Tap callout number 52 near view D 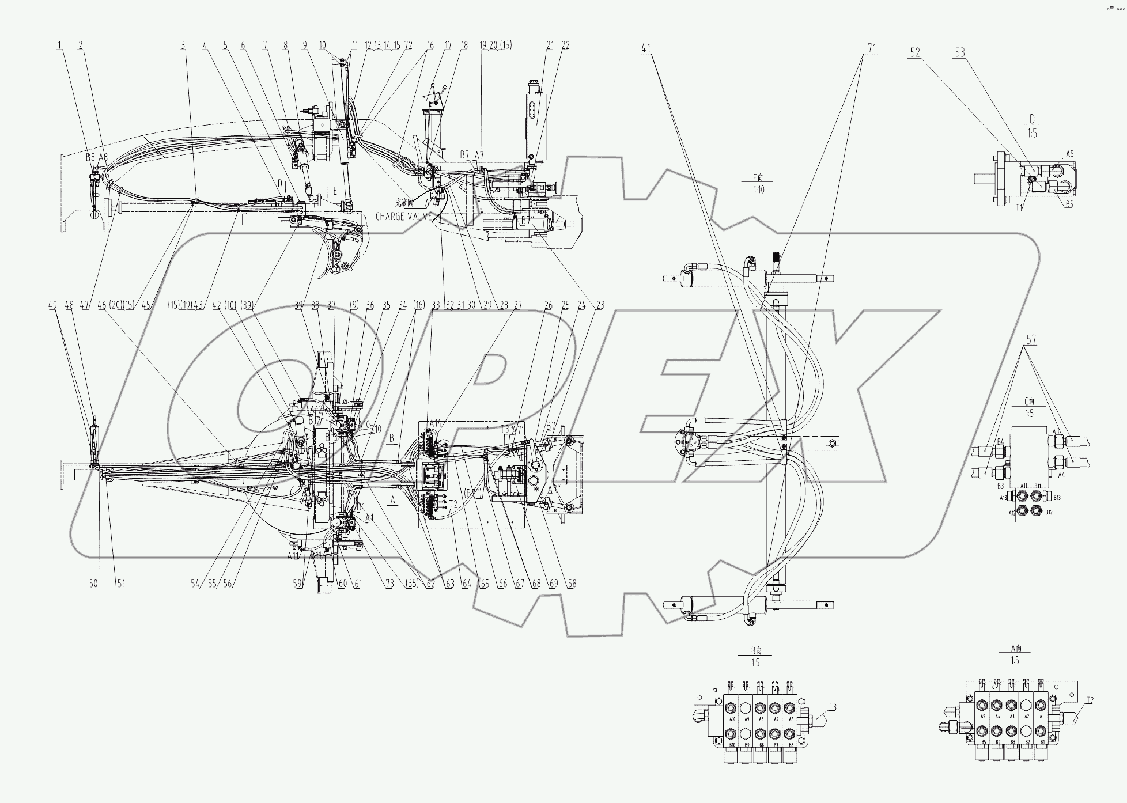click(915, 53)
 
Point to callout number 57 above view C click(1031, 340)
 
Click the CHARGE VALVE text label click(403, 217)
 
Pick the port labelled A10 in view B click(732, 719)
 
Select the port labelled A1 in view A click(1040, 717)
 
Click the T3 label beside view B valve click(833, 707)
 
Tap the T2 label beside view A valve click(1090, 700)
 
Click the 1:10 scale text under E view click(758, 190)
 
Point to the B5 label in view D click(1069, 203)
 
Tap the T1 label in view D click(1019, 207)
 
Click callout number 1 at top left click(59, 46)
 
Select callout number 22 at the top click(565, 46)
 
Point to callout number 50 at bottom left click(94, 584)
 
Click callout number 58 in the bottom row click(571, 584)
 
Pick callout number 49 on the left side click(53, 305)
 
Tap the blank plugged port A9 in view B click(747, 707)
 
